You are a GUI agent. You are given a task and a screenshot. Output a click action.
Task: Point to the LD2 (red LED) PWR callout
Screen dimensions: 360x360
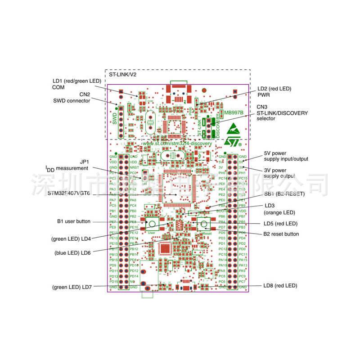coord(274,92)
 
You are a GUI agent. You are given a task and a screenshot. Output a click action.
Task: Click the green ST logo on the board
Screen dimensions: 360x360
coord(232,135)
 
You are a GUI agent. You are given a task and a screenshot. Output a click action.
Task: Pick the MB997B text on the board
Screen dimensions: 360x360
coord(234,112)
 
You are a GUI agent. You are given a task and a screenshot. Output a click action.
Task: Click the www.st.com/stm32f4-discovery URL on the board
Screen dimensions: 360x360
coord(177,143)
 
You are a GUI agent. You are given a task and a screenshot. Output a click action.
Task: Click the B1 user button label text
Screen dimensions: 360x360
coord(73,221)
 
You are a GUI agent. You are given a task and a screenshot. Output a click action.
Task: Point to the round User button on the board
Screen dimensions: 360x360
coord(152,224)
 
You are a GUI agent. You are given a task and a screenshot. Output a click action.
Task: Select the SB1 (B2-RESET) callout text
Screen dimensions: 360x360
coord(284,194)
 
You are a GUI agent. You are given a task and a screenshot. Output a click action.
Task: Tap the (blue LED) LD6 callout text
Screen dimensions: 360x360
coord(73,253)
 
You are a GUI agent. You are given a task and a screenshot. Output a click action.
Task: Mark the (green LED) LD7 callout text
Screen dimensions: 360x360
coord(72,287)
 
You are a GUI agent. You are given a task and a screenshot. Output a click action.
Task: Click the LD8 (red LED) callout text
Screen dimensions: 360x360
coord(280,286)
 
